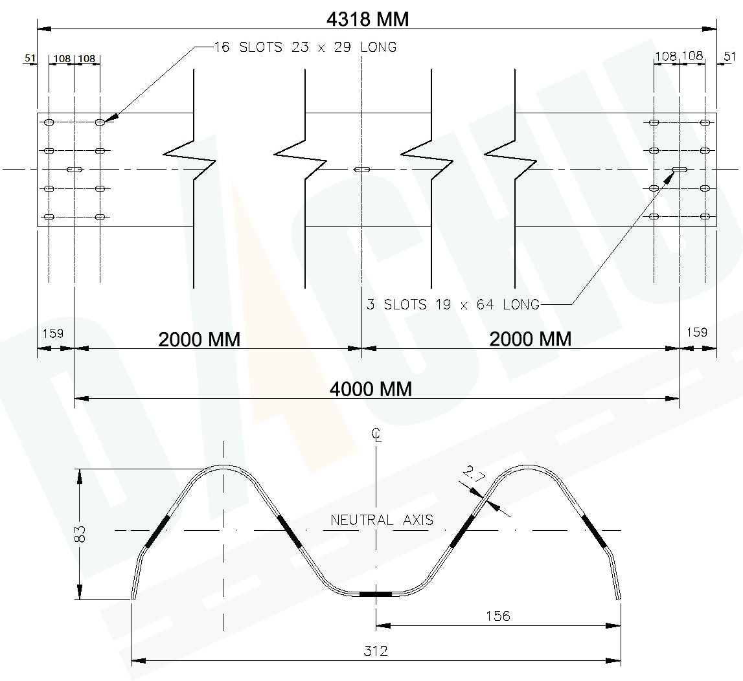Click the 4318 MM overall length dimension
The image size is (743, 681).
367,19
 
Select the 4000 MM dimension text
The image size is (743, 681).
371,388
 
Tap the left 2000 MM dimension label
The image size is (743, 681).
200,339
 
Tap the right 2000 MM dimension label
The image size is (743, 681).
531,339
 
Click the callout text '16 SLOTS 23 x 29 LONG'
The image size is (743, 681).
305,47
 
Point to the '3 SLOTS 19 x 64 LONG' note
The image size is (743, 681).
453,304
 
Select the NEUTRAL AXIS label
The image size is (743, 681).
382,520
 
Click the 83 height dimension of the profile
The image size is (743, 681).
80,533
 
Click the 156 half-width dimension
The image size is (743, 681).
497,616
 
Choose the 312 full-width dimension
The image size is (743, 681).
376,651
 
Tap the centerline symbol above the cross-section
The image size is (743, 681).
376,435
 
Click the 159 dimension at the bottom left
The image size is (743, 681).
52,333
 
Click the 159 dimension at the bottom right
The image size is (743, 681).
696,333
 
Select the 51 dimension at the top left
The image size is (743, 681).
30,58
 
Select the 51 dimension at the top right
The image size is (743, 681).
729,56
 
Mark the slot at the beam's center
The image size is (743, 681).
362,170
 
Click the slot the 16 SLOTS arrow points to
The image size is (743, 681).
100,122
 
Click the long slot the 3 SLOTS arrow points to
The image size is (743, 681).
680,170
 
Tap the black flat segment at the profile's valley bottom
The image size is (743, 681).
376,594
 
